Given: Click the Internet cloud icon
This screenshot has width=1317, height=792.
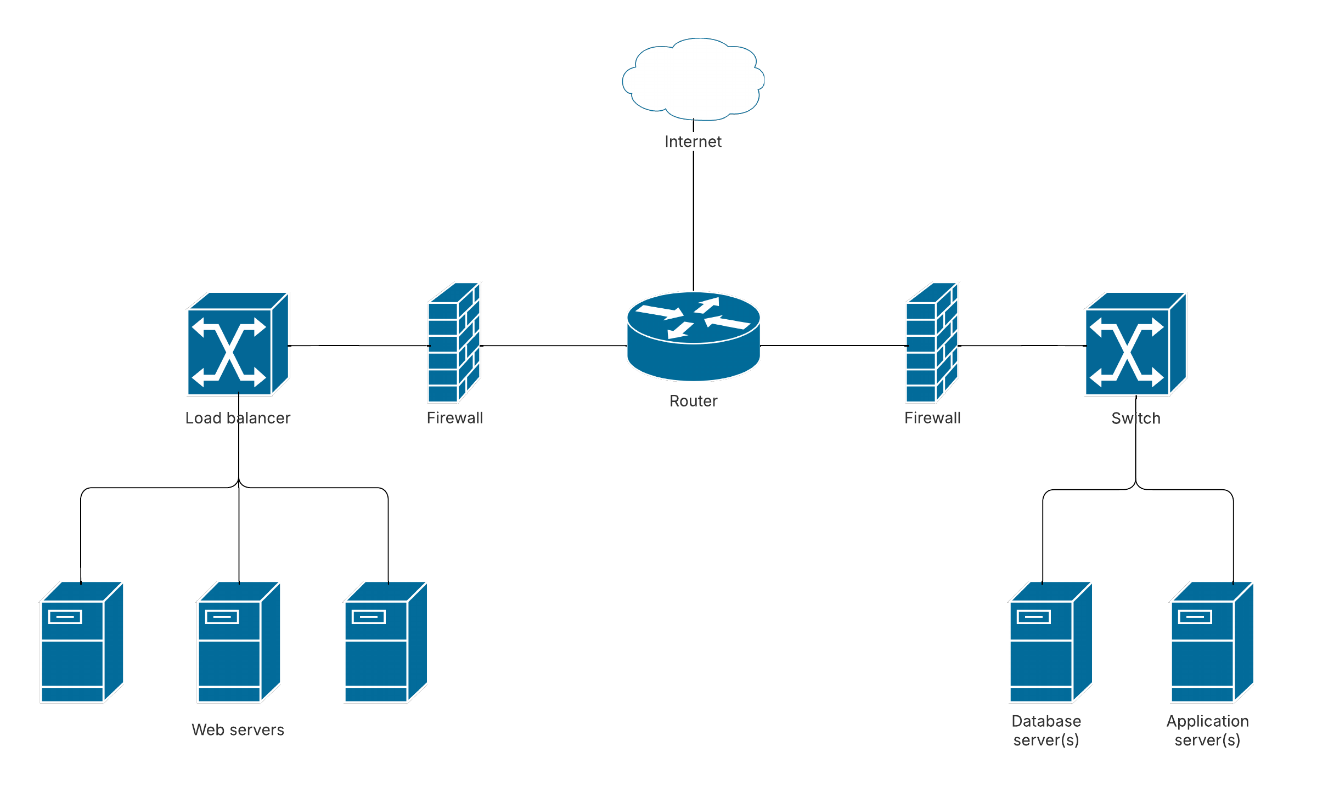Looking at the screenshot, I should click(693, 79).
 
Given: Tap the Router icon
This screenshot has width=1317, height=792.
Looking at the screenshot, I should click(694, 336).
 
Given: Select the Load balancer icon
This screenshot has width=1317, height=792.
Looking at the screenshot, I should click(238, 344).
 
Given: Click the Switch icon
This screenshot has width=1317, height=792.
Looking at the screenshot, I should click(1135, 344).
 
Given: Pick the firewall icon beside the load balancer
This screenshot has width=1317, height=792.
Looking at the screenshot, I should click(454, 343).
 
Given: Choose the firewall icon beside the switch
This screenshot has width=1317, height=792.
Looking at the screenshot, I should click(932, 343).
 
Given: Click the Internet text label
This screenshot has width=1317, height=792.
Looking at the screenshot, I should click(693, 142).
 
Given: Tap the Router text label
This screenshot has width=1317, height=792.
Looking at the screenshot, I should click(693, 401).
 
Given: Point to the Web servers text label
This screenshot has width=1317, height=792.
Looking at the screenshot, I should click(238, 729).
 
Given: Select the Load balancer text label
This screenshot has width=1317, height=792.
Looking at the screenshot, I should click(238, 418).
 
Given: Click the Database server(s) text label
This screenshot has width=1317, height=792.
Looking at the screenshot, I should click(1046, 731).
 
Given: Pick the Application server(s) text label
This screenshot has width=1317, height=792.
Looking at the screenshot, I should click(1207, 731).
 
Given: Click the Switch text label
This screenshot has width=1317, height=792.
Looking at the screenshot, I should click(1135, 418).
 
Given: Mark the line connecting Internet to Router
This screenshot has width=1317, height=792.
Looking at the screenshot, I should click(694, 219).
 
